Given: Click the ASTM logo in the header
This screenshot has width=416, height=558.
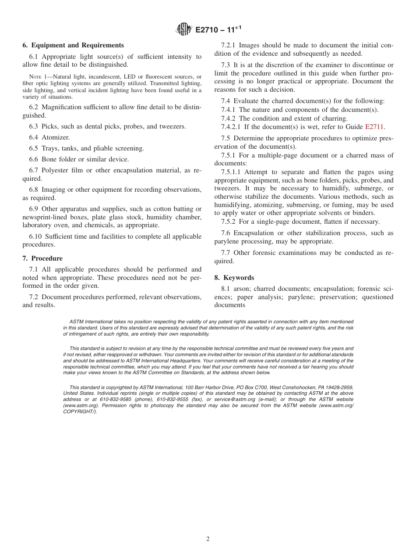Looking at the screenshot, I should pos(184,30).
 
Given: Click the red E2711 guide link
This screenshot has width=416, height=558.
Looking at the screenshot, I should pos(374,127).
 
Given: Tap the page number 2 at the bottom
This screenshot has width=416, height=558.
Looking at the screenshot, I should pos(208,539).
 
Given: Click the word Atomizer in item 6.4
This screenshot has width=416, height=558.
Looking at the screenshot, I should pos(56,137).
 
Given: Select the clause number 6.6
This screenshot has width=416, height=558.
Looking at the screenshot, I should pos(34,159).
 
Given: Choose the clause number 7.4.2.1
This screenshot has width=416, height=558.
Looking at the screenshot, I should pos(231,127).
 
